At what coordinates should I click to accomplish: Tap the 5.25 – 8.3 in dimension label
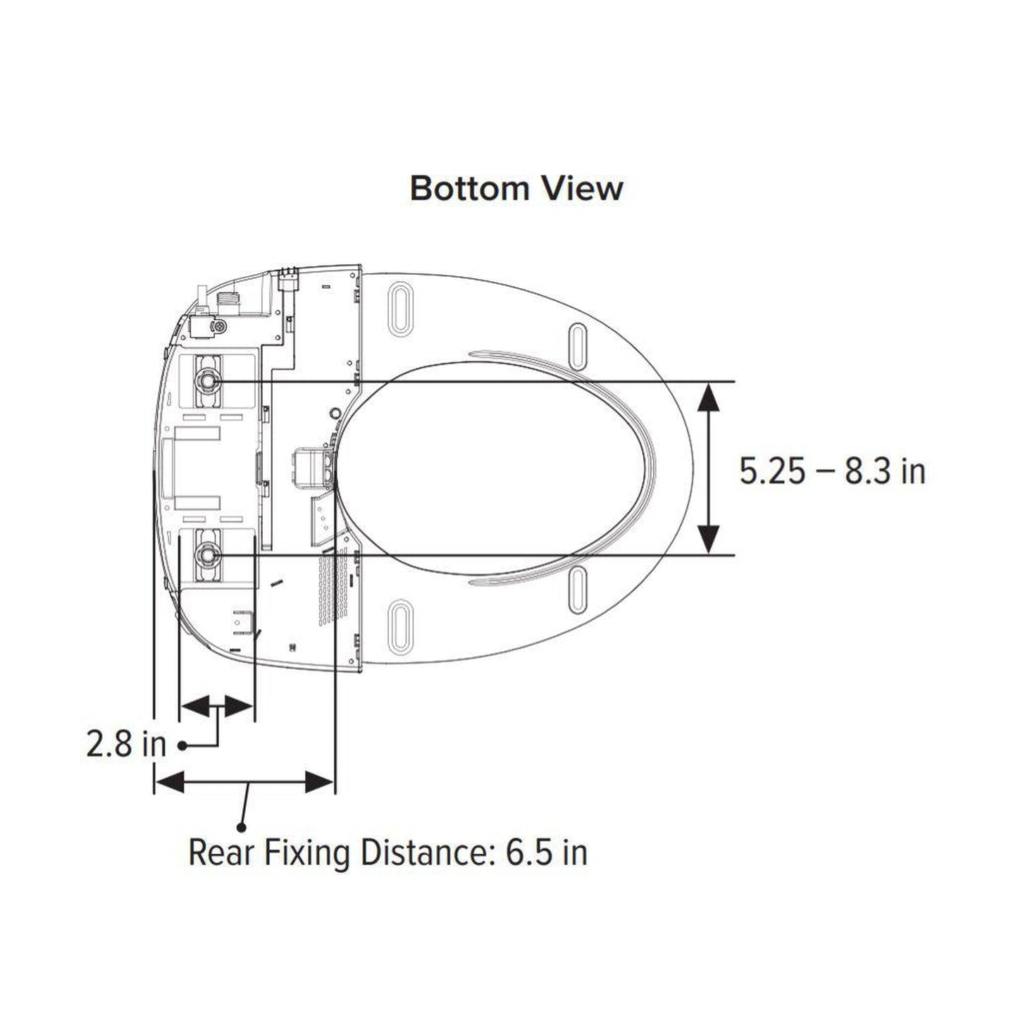[832, 471]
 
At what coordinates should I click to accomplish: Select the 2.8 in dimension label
[125, 745]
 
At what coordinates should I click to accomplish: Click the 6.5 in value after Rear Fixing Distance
[546, 852]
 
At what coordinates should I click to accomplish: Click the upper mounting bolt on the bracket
[207, 381]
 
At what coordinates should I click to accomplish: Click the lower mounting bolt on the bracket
[207, 554]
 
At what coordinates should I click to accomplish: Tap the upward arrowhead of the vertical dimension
[708, 397]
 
